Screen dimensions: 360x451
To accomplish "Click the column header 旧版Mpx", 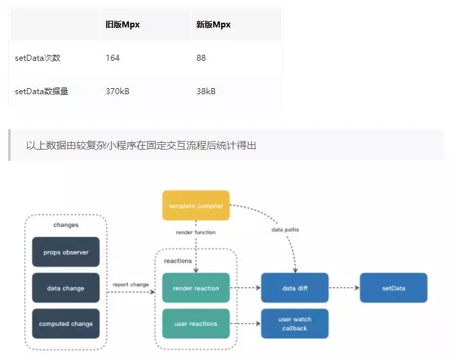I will tap(122, 25).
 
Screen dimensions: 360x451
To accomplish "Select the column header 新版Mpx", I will tap(213, 25).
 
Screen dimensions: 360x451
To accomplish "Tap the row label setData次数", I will tap(37, 58).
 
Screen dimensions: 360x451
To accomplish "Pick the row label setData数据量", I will tap(41, 92).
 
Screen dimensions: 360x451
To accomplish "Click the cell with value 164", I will tap(113, 58).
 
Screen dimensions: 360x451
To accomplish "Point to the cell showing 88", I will tap(201, 58).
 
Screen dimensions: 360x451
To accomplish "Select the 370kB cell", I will tap(118, 92).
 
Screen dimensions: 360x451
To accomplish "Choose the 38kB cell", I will tap(206, 92).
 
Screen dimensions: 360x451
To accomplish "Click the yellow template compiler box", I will tap(196, 206).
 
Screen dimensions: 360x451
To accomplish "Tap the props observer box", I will tap(65, 252).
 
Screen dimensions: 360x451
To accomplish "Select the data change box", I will tap(65, 289).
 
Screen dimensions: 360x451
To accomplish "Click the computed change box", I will tap(65, 324).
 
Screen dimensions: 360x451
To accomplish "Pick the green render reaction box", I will tap(196, 289).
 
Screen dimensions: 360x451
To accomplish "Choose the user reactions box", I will tap(196, 324).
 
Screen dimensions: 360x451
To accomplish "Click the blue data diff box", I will tap(294, 289).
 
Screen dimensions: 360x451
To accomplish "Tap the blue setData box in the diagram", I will tap(394, 289).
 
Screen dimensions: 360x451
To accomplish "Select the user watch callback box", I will tap(294, 324).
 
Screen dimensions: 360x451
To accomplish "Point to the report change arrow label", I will tap(130, 285).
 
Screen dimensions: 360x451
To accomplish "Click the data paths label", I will tap(285, 230).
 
